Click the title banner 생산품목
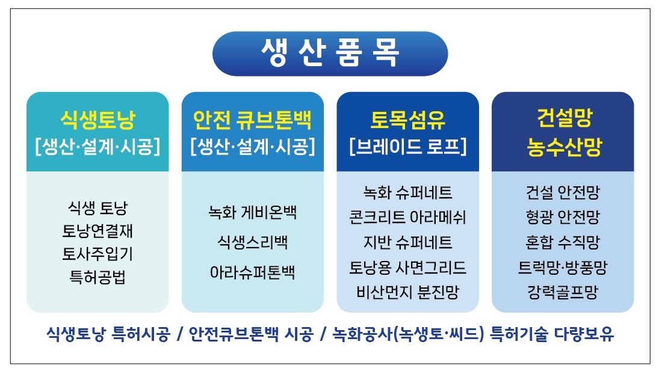tap(330, 54)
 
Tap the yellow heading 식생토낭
tap(97, 120)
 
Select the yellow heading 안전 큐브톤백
tap(253, 120)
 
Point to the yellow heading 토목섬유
tap(408, 120)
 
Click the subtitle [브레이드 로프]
tap(408, 146)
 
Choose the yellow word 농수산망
tap(564, 147)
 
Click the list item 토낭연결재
tap(97, 231)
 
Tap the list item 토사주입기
tap(97, 254)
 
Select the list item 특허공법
tap(97, 277)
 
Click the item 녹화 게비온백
tap(253, 212)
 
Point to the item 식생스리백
tap(253, 242)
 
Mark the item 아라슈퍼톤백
tap(253, 272)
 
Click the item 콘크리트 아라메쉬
tap(408, 218)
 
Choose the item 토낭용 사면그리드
tap(408, 268)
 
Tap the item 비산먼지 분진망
tap(408, 292)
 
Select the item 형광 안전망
tap(563, 218)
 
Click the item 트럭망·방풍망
tap(563, 268)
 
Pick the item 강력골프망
tap(563, 292)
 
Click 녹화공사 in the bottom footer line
tap(362, 334)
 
